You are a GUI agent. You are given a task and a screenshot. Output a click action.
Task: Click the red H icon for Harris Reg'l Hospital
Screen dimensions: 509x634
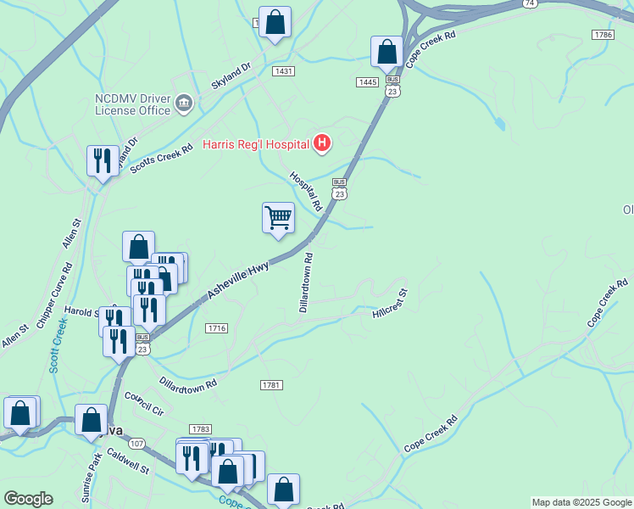pyautogui.click(x=322, y=143)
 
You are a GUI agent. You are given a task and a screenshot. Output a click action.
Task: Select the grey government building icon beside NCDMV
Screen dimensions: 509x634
pyautogui.click(x=183, y=104)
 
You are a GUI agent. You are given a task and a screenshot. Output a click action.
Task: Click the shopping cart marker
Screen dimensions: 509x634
pyautogui.click(x=278, y=218)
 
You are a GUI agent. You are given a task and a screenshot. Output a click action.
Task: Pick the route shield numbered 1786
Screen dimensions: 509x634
pyautogui.click(x=603, y=35)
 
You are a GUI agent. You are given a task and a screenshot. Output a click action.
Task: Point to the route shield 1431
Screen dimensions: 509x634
pyautogui.click(x=283, y=71)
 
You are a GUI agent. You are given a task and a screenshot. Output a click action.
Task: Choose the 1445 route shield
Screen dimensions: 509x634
pyautogui.click(x=367, y=81)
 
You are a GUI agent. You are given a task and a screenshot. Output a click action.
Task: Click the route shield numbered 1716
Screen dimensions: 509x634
pyautogui.click(x=216, y=327)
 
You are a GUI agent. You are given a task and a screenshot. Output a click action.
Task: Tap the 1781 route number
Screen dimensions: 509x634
pyautogui.click(x=270, y=385)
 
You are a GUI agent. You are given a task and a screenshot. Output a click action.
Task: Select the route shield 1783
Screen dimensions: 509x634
pyautogui.click(x=201, y=429)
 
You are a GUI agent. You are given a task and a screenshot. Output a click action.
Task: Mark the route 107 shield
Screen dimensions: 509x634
pyautogui.click(x=137, y=443)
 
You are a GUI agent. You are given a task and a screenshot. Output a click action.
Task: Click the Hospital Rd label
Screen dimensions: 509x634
pyautogui.click(x=306, y=191)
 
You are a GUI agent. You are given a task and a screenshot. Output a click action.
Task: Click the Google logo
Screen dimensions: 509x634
pyautogui.click(x=28, y=499)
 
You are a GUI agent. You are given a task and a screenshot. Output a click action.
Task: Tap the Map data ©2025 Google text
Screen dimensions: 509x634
pyautogui.click(x=581, y=502)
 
